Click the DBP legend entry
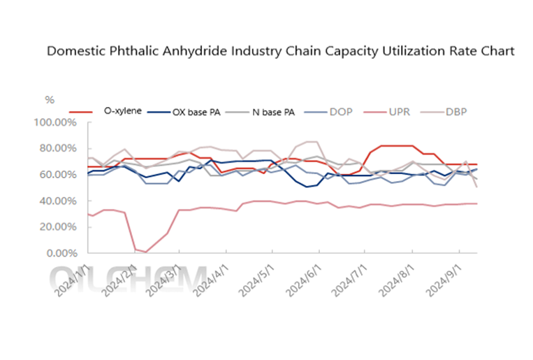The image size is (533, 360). pos(457,111)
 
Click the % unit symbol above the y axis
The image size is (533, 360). pos(49,100)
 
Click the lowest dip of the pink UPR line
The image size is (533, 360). pos(145,252)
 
